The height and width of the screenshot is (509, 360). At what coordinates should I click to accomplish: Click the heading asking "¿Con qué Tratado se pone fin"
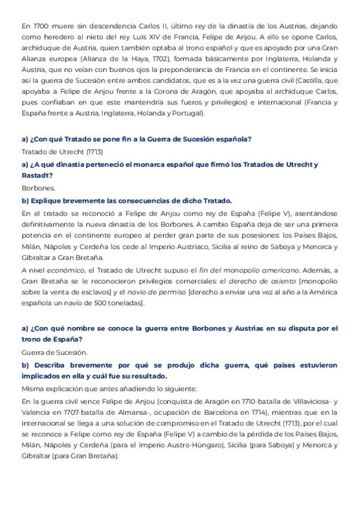coord(137,139)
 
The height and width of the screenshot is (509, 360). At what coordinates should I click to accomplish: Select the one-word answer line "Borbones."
coord(38,188)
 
